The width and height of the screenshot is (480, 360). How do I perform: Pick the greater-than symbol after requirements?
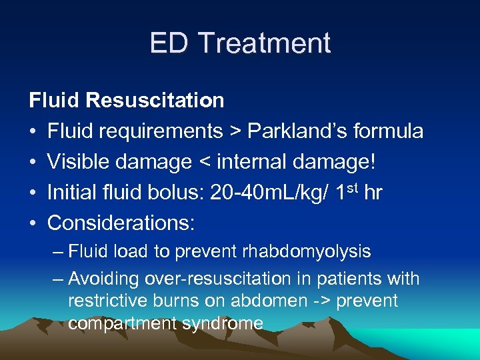[x=234, y=131]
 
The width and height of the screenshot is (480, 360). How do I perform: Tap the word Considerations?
[x=121, y=223]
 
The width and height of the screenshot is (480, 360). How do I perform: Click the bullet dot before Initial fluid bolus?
[x=33, y=193]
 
